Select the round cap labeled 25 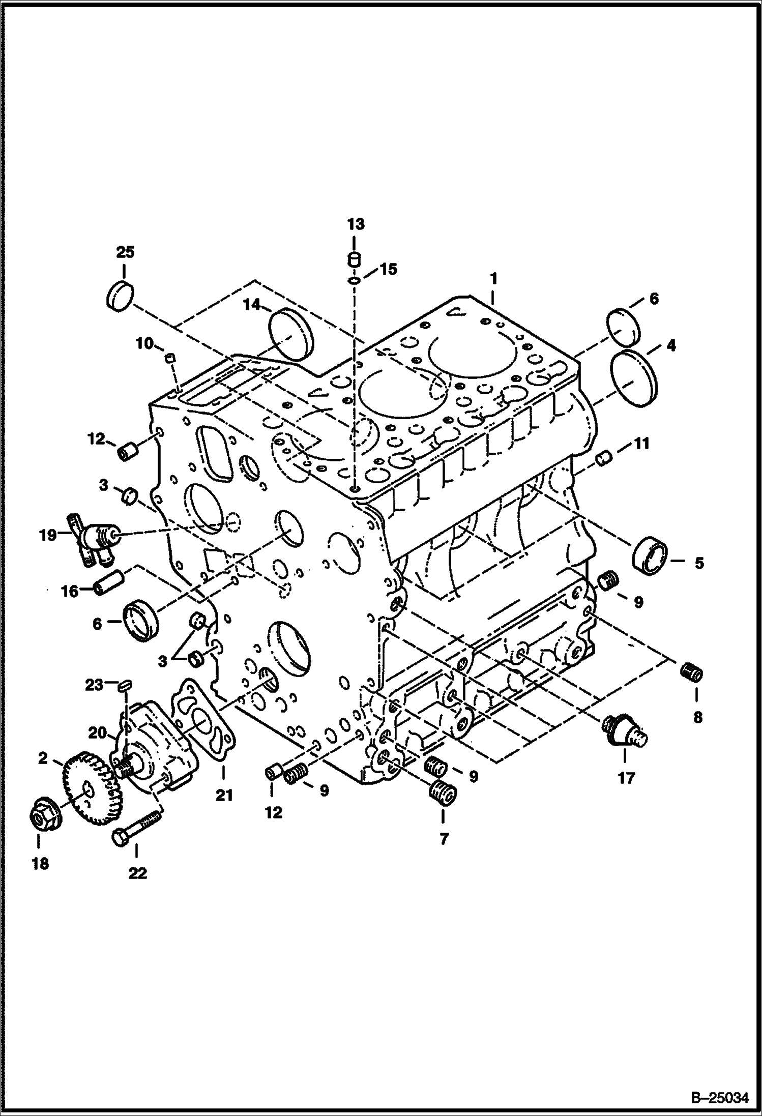pyautogui.click(x=120, y=295)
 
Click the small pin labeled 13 pyautogui.click(x=355, y=259)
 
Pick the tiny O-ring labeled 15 pyautogui.click(x=355, y=280)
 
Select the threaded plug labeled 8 pyautogui.click(x=692, y=673)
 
